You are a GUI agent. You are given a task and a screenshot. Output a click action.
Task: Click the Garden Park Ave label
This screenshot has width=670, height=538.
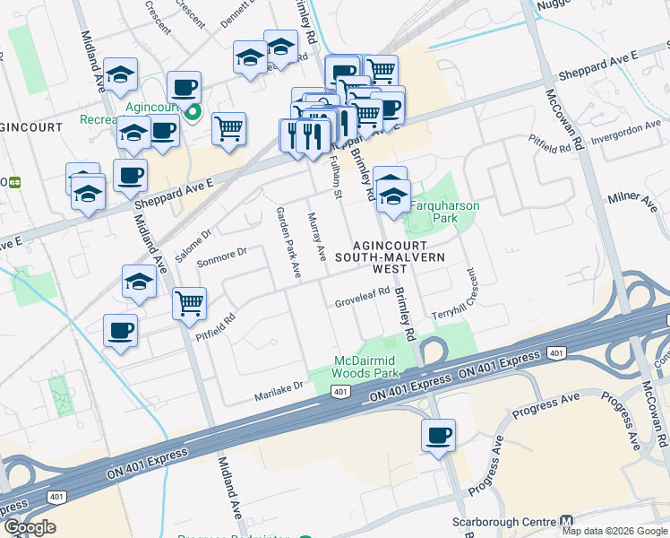pyautogui.click(x=288, y=241)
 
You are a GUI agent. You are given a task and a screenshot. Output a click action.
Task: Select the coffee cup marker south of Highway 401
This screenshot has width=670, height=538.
pyautogui.click(x=438, y=437)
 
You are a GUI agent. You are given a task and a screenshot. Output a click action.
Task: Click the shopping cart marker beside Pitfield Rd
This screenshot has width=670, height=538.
pyautogui.click(x=189, y=305)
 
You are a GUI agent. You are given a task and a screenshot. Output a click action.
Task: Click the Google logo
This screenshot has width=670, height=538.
pyautogui.click(x=30, y=527)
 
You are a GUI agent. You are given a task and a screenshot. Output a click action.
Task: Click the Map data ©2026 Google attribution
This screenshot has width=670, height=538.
pyautogui.click(x=614, y=531)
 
